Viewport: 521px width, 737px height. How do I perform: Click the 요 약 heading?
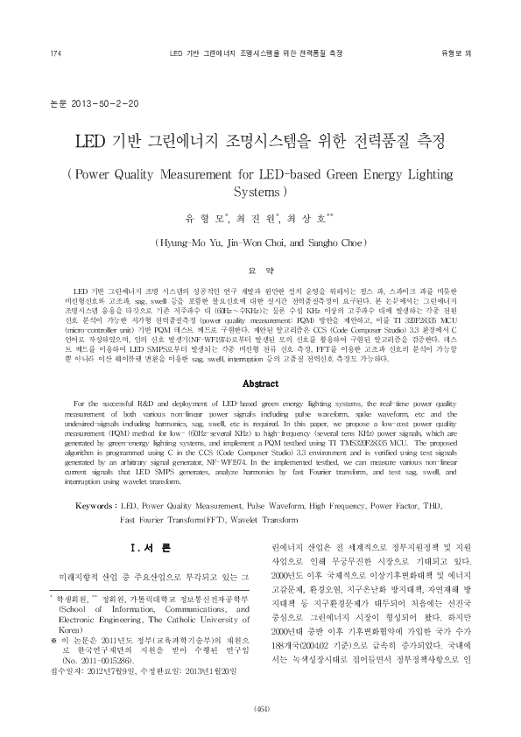pos(260,270)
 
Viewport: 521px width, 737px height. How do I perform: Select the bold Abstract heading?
pos(260,383)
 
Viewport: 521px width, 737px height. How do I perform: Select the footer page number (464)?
pos(261,708)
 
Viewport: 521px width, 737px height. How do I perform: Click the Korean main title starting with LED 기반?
pos(260,140)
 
